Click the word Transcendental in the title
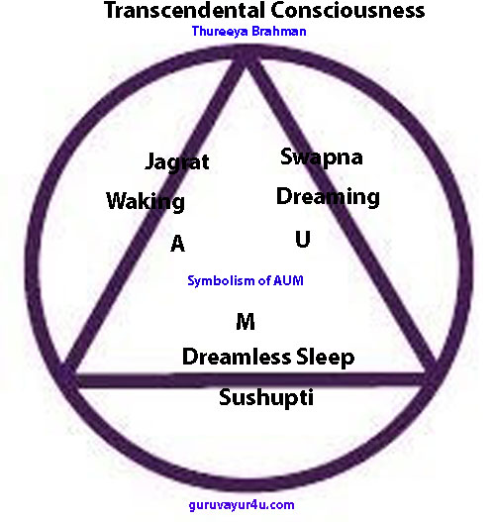[187, 10]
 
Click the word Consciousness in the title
[349, 10]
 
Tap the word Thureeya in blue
[220, 32]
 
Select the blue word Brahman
[278, 31]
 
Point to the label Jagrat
[177, 162]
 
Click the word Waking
[146, 201]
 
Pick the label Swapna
[322, 157]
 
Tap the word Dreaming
[328, 196]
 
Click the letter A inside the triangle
[177, 244]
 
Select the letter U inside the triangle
[303, 239]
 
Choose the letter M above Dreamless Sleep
[246, 322]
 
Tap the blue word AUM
[288, 280]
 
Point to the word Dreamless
[237, 357]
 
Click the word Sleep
[325, 358]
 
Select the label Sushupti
[266, 397]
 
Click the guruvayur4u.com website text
[242, 505]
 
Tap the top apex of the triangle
[246, 54]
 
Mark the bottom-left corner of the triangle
[68, 378]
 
